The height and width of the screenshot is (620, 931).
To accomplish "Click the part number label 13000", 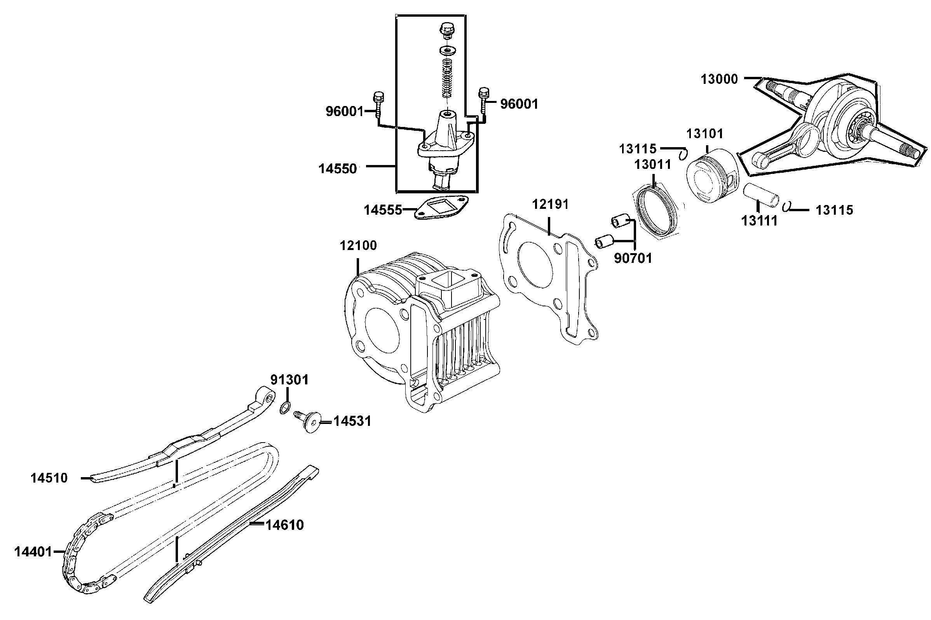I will pyautogui.click(x=719, y=80).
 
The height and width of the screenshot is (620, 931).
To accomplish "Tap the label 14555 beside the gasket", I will pyautogui.click(x=383, y=210).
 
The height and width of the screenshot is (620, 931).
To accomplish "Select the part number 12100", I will pyautogui.click(x=358, y=245).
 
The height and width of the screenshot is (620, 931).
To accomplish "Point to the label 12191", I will pyautogui.click(x=550, y=205).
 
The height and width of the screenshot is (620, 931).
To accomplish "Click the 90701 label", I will pyautogui.click(x=632, y=258).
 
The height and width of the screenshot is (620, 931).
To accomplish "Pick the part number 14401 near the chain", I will pyautogui.click(x=33, y=552).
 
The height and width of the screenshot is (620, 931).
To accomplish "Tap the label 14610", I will pyautogui.click(x=284, y=525).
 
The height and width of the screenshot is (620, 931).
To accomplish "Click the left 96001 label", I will pyautogui.click(x=344, y=111).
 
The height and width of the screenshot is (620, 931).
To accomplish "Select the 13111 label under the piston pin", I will pyautogui.click(x=759, y=221).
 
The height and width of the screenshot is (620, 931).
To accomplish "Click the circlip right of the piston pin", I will pyautogui.click(x=786, y=207).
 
